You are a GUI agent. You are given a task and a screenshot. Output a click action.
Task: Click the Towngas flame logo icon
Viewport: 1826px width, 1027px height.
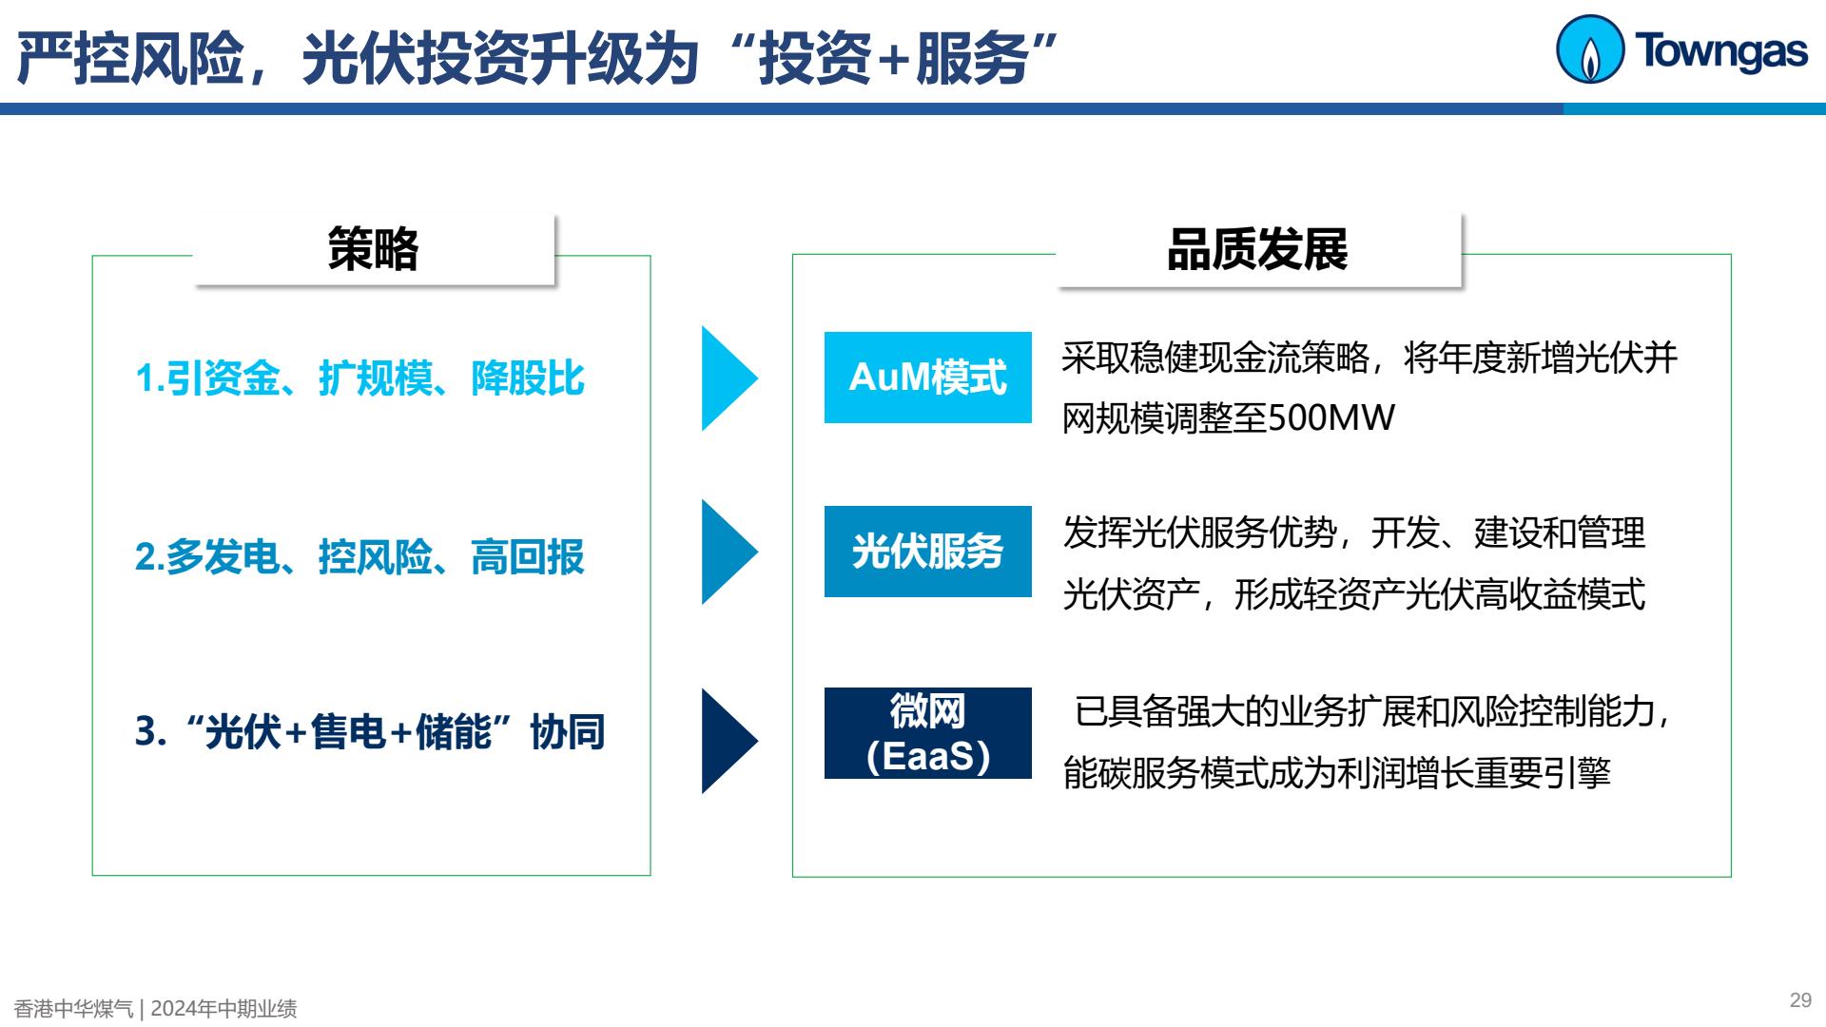click(1589, 49)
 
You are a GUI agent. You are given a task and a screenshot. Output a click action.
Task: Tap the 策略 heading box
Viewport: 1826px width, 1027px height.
click(374, 249)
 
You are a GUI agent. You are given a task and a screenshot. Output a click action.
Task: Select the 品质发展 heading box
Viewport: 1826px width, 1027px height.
click(1258, 250)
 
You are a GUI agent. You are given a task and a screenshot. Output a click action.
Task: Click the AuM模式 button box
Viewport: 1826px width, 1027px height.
click(928, 378)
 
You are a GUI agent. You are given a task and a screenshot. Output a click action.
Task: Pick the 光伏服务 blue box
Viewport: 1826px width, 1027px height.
click(928, 552)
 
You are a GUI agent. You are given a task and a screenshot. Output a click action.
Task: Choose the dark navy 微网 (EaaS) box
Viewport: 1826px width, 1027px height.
click(928, 733)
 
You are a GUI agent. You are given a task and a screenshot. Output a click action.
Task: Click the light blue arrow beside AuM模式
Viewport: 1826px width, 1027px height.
click(729, 378)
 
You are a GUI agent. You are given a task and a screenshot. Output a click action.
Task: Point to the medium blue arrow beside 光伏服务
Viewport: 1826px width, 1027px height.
click(729, 552)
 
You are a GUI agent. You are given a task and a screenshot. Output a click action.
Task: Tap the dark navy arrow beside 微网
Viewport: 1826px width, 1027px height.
click(729, 741)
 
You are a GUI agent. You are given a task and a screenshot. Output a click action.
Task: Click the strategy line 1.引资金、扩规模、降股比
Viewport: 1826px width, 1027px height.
click(359, 378)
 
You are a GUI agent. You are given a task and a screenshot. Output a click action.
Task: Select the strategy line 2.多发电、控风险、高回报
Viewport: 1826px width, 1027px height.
click(359, 557)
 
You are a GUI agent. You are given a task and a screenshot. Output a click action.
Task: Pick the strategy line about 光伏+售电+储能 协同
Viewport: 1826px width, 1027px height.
click(370, 732)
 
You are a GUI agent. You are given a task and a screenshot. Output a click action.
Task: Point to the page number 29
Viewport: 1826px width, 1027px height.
click(1800, 1000)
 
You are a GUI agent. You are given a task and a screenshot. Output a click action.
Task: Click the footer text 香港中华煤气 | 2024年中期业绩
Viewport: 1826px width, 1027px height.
click(155, 1008)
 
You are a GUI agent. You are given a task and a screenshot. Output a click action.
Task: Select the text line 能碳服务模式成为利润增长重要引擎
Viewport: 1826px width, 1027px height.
click(1337, 773)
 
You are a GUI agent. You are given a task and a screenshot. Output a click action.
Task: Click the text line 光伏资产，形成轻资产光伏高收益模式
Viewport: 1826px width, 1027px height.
click(1354, 595)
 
